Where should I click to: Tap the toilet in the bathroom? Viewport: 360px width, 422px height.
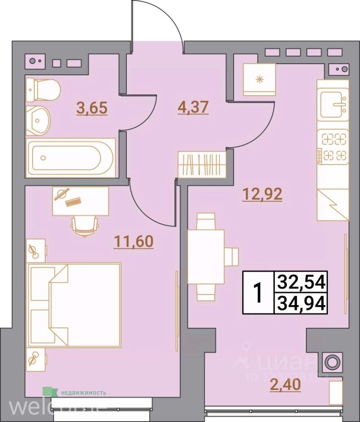[42, 90]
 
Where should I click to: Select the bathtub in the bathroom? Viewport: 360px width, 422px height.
[70, 157]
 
